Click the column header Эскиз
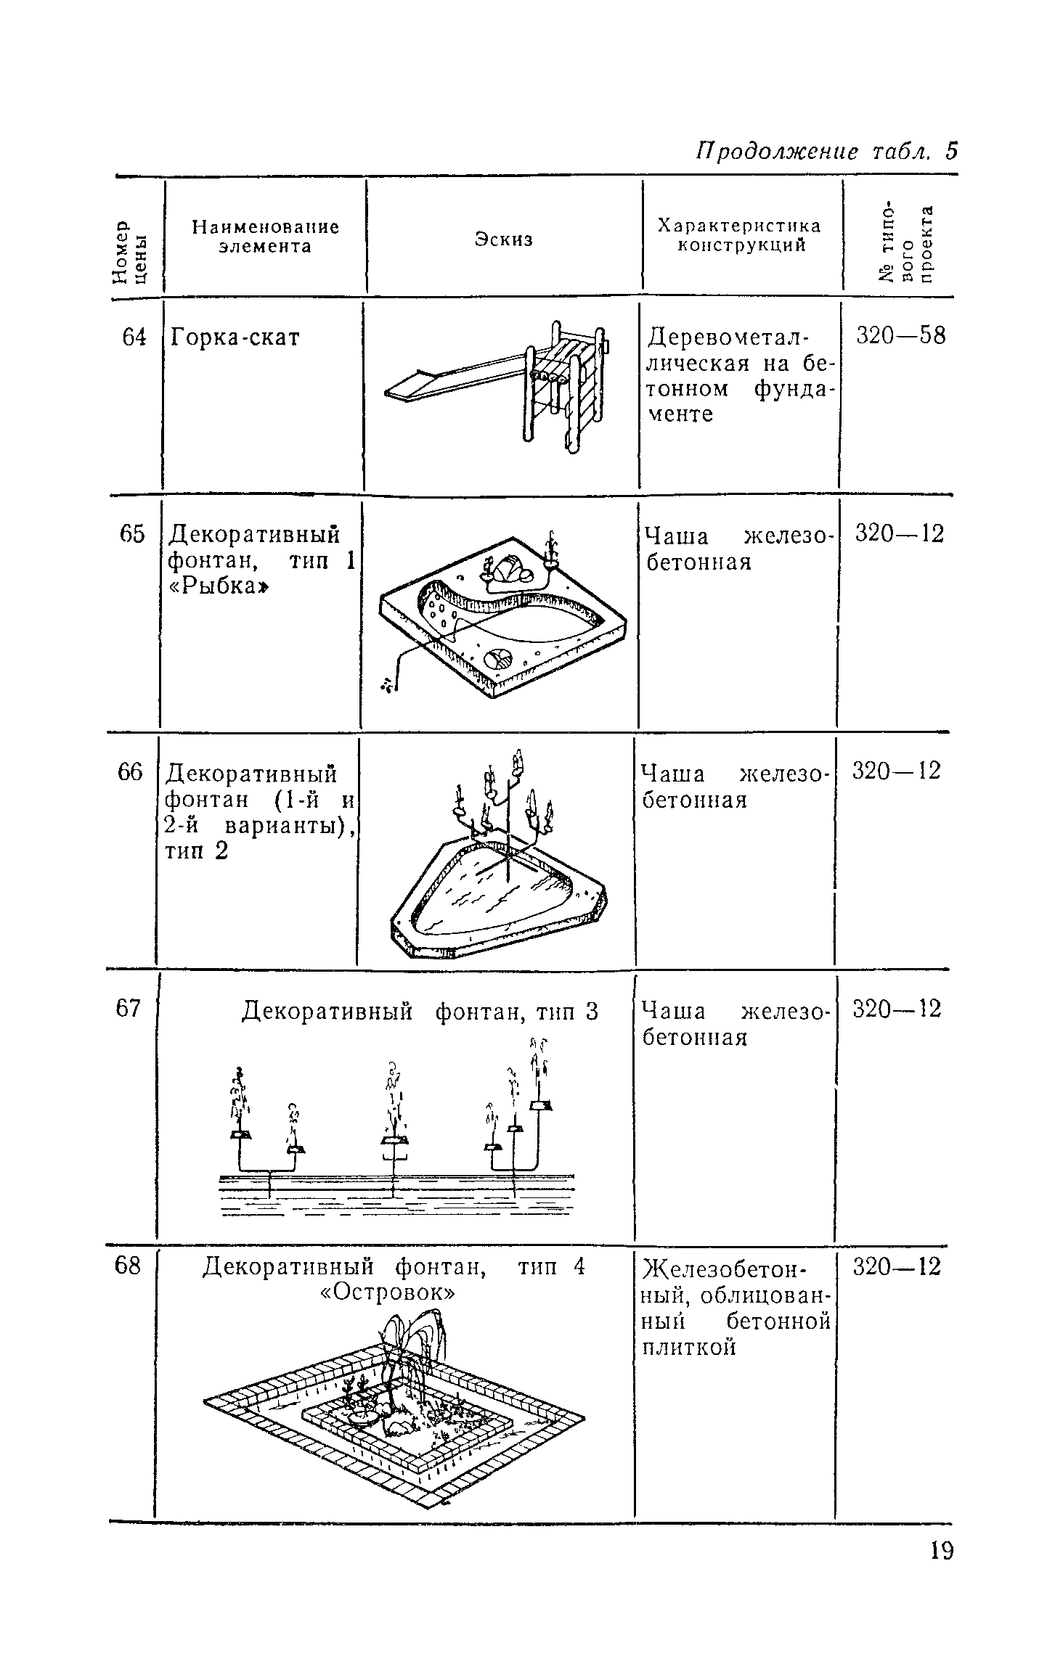click(504, 239)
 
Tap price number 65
click(133, 534)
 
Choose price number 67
click(128, 1009)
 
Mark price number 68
click(128, 1266)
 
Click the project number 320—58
click(901, 336)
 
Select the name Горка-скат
click(234, 338)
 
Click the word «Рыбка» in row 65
click(216, 587)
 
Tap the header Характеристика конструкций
click(739, 235)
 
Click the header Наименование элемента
click(265, 237)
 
